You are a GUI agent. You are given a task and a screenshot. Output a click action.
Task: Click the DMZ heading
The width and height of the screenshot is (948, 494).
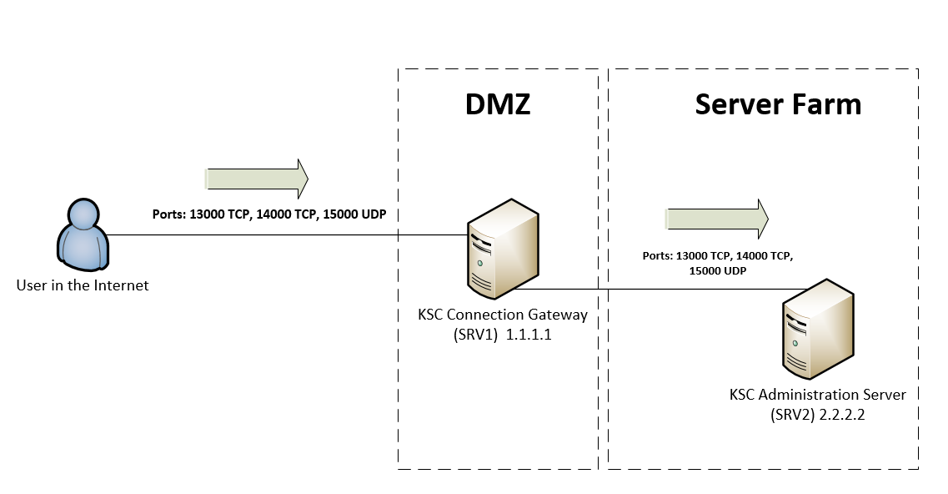click(x=498, y=104)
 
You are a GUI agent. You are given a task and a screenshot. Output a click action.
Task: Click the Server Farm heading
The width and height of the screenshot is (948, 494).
click(x=778, y=104)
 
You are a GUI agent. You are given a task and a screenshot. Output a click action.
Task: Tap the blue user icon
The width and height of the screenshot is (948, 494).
click(x=83, y=235)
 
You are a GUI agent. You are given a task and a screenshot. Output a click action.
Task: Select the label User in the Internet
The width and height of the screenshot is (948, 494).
click(x=83, y=285)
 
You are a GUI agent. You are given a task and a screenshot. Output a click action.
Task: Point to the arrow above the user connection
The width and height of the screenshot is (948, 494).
click(x=257, y=178)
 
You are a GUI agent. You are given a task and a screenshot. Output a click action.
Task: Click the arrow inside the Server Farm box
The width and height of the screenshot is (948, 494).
click(x=716, y=218)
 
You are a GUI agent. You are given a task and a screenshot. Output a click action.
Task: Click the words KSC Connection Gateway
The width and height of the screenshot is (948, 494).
click(x=503, y=315)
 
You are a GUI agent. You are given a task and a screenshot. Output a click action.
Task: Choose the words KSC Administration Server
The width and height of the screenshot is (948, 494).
click(x=817, y=394)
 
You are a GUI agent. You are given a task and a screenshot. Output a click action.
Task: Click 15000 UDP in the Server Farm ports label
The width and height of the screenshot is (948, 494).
click(x=717, y=271)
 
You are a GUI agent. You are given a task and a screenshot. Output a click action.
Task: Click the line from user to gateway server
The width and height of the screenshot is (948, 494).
click(x=283, y=235)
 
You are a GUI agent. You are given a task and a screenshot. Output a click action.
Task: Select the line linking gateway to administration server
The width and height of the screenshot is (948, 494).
click(x=659, y=290)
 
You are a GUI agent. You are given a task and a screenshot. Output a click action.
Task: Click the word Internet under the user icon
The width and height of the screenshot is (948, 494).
click(x=123, y=285)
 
